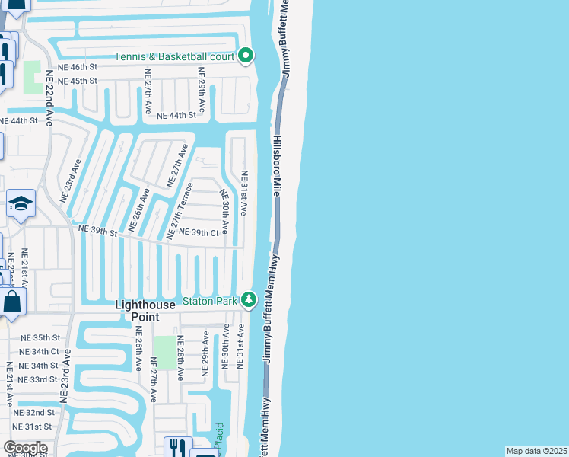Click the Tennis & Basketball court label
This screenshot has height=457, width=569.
tap(175, 56)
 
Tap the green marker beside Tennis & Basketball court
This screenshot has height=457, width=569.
tap(246, 56)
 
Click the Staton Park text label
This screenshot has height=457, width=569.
tap(211, 301)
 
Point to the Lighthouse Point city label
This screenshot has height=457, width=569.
tap(145, 310)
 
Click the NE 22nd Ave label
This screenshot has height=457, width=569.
tap(50, 98)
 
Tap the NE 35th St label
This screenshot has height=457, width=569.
tap(40, 337)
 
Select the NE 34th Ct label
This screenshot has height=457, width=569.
tap(40, 351)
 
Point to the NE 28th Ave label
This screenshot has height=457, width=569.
tap(180, 358)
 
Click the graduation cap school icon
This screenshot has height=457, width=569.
tap(21, 204)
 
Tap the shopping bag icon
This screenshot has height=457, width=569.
tap(12, 302)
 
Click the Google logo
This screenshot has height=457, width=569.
tap(25, 448)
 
